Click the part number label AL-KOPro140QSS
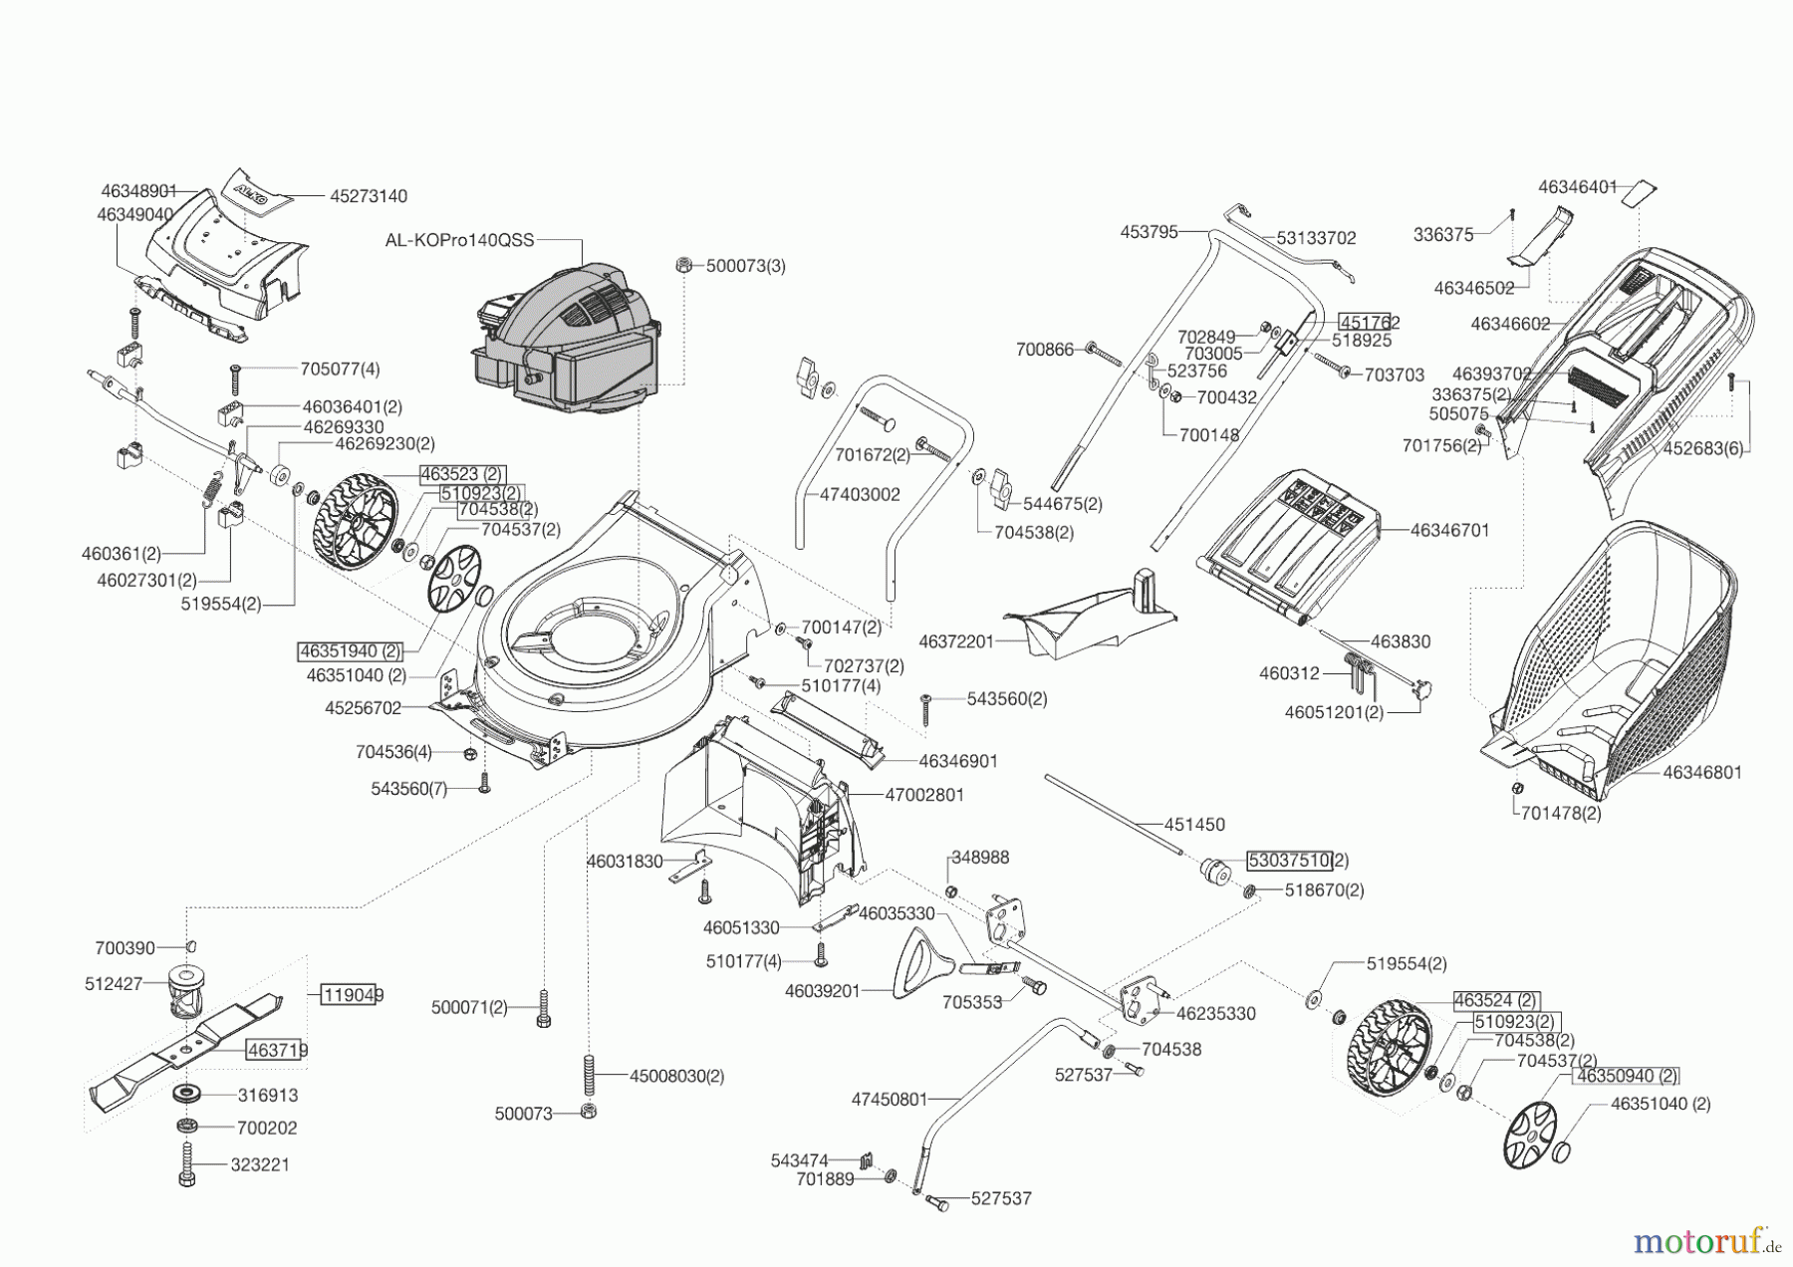click(x=459, y=240)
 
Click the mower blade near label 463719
click(x=189, y=1046)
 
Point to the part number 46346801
click(x=1702, y=772)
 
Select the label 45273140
click(x=369, y=196)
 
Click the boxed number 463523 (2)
click(x=462, y=474)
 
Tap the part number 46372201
click(x=956, y=641)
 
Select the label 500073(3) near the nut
click(x=746, y=266)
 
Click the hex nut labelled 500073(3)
click(x=684, y=264)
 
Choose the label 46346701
click(x=1449, y=530)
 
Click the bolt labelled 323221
click(x=187, y=1163)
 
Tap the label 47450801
click(x=889, y=1100)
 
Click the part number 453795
click(x=1149, y=232)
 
